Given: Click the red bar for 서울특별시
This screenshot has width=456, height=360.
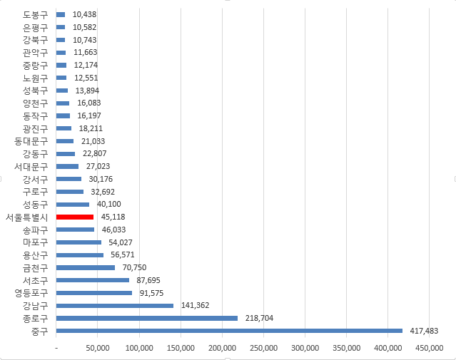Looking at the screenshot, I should coord(75,217).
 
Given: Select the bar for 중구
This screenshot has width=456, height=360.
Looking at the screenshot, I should coord(229,331).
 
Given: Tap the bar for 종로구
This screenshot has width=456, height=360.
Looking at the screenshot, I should coord(146,318).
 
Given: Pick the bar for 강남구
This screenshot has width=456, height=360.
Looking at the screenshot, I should coord(114,305).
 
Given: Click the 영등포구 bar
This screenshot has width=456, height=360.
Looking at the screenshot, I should coord(93,293).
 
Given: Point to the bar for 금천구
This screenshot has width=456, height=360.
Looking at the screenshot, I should coord(85,267).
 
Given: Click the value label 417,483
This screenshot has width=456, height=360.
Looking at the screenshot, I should coord(422,331).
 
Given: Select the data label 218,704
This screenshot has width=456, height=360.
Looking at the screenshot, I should coord(258,318).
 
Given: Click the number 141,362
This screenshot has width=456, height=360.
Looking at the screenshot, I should coord(194,305).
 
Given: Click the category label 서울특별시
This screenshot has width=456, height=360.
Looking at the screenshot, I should coord(26,217).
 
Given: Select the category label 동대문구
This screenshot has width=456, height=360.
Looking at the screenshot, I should coord(31,141).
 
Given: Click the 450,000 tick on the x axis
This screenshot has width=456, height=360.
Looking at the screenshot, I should coord(430,348).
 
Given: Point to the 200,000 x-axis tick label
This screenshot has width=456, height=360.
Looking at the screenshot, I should coord(222,348).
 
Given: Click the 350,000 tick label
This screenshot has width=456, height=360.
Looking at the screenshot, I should coord(347,348).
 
